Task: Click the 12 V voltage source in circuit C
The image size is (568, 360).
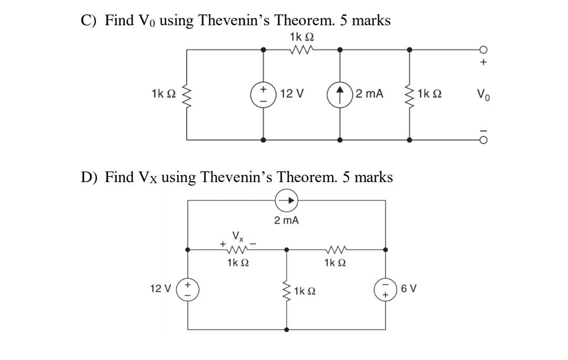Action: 263,95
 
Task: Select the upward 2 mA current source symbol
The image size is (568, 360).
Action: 340,95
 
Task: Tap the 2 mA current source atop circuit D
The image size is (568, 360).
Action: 287,200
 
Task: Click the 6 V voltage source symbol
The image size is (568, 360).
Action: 386,289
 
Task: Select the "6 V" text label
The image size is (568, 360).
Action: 408,289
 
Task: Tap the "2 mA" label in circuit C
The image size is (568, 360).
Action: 369,95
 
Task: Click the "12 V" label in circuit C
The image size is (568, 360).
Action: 292,95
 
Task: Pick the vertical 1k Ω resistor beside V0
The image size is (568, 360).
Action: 410,95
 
